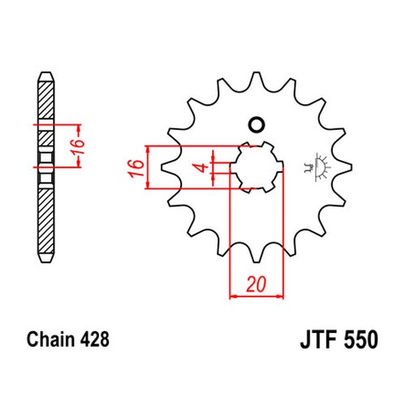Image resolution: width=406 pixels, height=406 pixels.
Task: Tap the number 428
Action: (x=95, y=339)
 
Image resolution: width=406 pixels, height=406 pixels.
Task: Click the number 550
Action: (x=361, y=339)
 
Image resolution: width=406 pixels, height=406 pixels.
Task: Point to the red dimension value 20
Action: (x=256, y=284)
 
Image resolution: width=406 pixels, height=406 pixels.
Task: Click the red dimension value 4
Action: (x=202, y=168)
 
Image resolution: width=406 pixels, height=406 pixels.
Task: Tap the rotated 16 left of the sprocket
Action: (x=136, y=168)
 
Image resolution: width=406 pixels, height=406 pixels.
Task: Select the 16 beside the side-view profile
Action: (x=78, y=147)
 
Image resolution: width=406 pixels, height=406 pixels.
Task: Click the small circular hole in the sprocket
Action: (x=257, y=125)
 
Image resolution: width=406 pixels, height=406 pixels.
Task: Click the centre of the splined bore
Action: (x=257, y=167)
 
